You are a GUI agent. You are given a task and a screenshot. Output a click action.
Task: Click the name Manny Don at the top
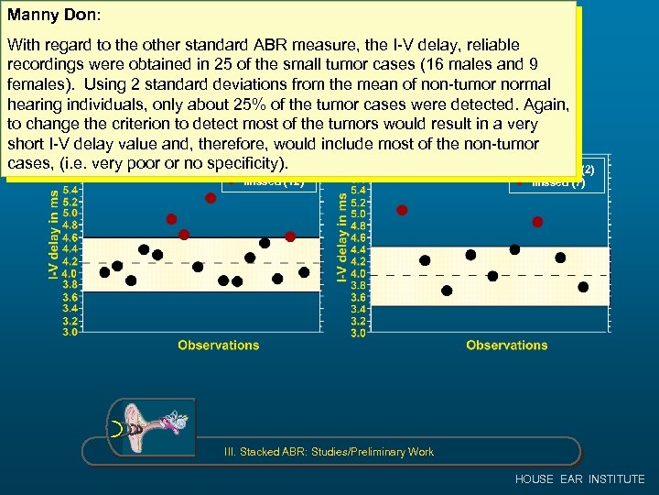pyautogui.click(x=53, y=16)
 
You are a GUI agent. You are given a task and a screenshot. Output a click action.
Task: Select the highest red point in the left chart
pyautogui.click(x=211, y=198)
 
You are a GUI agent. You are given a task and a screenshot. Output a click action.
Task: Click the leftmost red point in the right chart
pyautogui.click(x=402, y=210)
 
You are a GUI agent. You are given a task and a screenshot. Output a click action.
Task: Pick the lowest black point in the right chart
pyautogui.click(x=447, y=291)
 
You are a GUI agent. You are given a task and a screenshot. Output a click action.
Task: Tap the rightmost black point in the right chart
pyautogui.click(x=583, y=287)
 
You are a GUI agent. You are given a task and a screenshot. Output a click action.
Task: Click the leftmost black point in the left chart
pyautogui.click(x=104, y=272)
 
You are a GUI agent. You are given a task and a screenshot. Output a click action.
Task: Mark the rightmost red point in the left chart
pyautogui.click(x=290, y=236)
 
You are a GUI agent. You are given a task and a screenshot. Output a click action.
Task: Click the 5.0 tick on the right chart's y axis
pyautogui.click(x=358, y=214)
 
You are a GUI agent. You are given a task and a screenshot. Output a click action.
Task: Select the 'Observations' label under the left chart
pyautogui.click(x=218, y=346)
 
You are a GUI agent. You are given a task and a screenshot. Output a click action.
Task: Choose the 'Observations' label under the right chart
pyautogui.click(x=506, y=346)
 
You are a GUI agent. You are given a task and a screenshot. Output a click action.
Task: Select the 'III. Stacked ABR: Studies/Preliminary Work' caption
pyautogui.click(x=329, y=451)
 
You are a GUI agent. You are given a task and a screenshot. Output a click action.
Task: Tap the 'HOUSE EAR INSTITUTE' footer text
pyautogui.click(x=579, y=479)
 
